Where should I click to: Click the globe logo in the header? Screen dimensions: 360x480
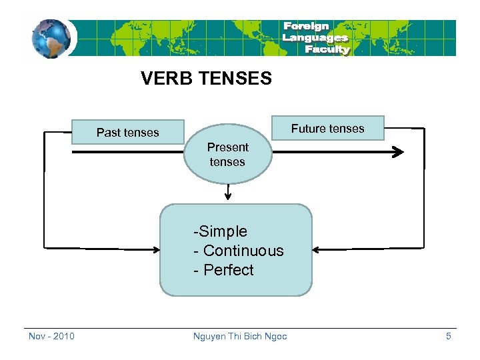(51, 39)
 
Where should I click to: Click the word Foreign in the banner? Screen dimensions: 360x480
(306, 27)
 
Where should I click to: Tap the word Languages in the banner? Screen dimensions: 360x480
(315, 38)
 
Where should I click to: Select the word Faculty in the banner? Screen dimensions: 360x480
(327, 49)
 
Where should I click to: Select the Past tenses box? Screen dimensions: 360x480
(128, 132)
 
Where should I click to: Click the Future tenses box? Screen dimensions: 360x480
(327, 128)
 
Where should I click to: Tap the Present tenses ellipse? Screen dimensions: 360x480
(227, 155)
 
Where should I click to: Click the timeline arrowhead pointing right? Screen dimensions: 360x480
(398, 152)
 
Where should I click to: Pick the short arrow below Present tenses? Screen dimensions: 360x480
(228, 193)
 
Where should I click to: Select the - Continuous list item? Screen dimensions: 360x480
(238, 251)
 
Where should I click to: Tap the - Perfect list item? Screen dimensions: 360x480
(223, 270)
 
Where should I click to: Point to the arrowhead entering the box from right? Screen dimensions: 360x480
(317, 249)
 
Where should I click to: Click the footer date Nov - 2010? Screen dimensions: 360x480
(51, 336)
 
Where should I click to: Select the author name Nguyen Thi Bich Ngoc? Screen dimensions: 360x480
(240, 336)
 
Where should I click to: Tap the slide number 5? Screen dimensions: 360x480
(449, 336)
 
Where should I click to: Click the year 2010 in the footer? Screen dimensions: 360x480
(63, 336)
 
